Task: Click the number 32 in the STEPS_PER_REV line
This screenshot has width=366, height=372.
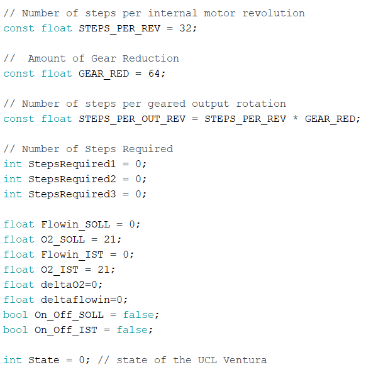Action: tap(186, 28)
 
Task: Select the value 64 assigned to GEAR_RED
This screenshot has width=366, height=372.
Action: tap(154, 74)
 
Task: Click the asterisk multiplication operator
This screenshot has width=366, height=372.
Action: tap(296, 118)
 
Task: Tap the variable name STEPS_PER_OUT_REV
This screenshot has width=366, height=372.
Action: tap(132, 119)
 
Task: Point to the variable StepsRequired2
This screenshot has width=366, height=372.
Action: tap(72, 179)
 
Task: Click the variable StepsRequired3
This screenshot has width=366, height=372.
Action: tap(72, 194)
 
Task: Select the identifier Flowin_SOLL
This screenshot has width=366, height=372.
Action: tap(75, 225)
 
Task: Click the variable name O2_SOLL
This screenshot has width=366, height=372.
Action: tap(63, 239)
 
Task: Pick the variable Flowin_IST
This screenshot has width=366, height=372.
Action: tap(72, 254)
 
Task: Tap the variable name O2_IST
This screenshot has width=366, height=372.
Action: tap(60, 270)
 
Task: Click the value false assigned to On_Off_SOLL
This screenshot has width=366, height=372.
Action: tap(138, 315)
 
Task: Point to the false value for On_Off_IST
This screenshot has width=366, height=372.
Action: tap(132, 330)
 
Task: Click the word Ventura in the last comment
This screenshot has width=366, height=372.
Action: tap(245, 360)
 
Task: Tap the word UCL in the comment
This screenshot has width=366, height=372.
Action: tap(207, 360)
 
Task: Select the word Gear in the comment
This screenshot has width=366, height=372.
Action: tap(104, 58)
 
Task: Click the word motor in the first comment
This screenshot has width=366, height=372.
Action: tap(219, 13)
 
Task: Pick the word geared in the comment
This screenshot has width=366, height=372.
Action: tap(167, 104)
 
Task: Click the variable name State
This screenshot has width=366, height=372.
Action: tap(44, 360)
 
